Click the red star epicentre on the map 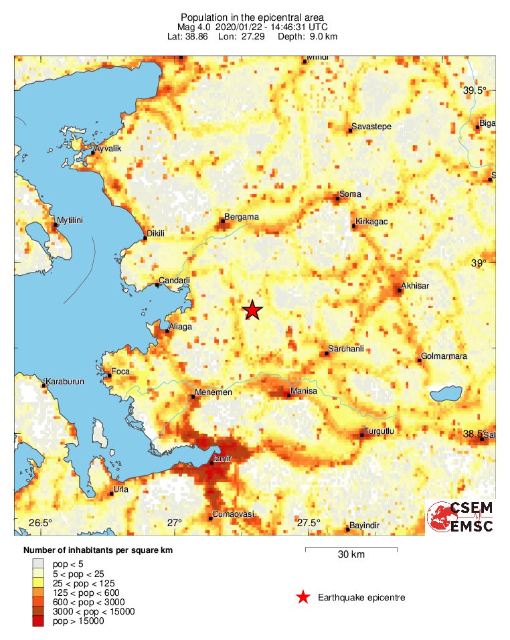pos(252,310)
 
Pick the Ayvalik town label pos(107,148)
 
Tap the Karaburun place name pos(66,382)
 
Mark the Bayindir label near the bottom pos(365,526)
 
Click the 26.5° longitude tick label pos(39,523)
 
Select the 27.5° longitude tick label pos(309,523)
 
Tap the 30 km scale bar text pos(351,555)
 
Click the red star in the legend pos(303,597)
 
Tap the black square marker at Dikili pos(145,238)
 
